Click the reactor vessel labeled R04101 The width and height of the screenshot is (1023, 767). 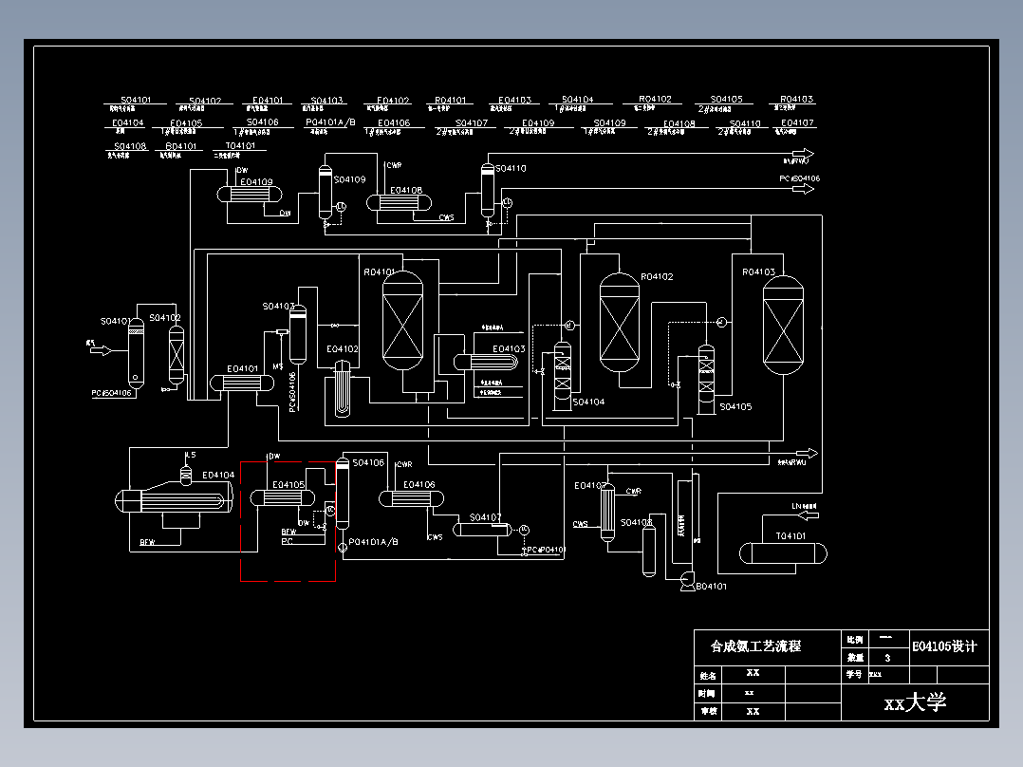click(x=401, y=320)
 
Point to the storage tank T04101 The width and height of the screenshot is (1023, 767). click(x=782, y=553)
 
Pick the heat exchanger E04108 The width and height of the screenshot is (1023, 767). click(x=399, y=201)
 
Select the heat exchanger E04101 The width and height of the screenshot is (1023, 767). click(x=242, y=382)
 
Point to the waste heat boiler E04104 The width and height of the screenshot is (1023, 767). click(x=174, y=497)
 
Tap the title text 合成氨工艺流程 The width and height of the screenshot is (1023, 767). click(x=755, y=646)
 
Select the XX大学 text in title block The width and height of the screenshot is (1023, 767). click(x=915, y=703)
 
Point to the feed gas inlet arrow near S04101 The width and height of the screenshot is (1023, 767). click(x=99, y=350)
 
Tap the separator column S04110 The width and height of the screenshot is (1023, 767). click(x=488, y=190)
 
